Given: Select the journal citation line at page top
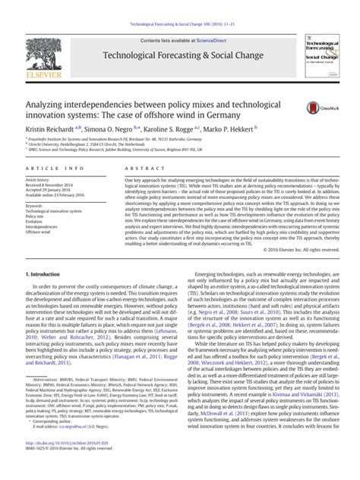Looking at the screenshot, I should coord(180,6).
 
